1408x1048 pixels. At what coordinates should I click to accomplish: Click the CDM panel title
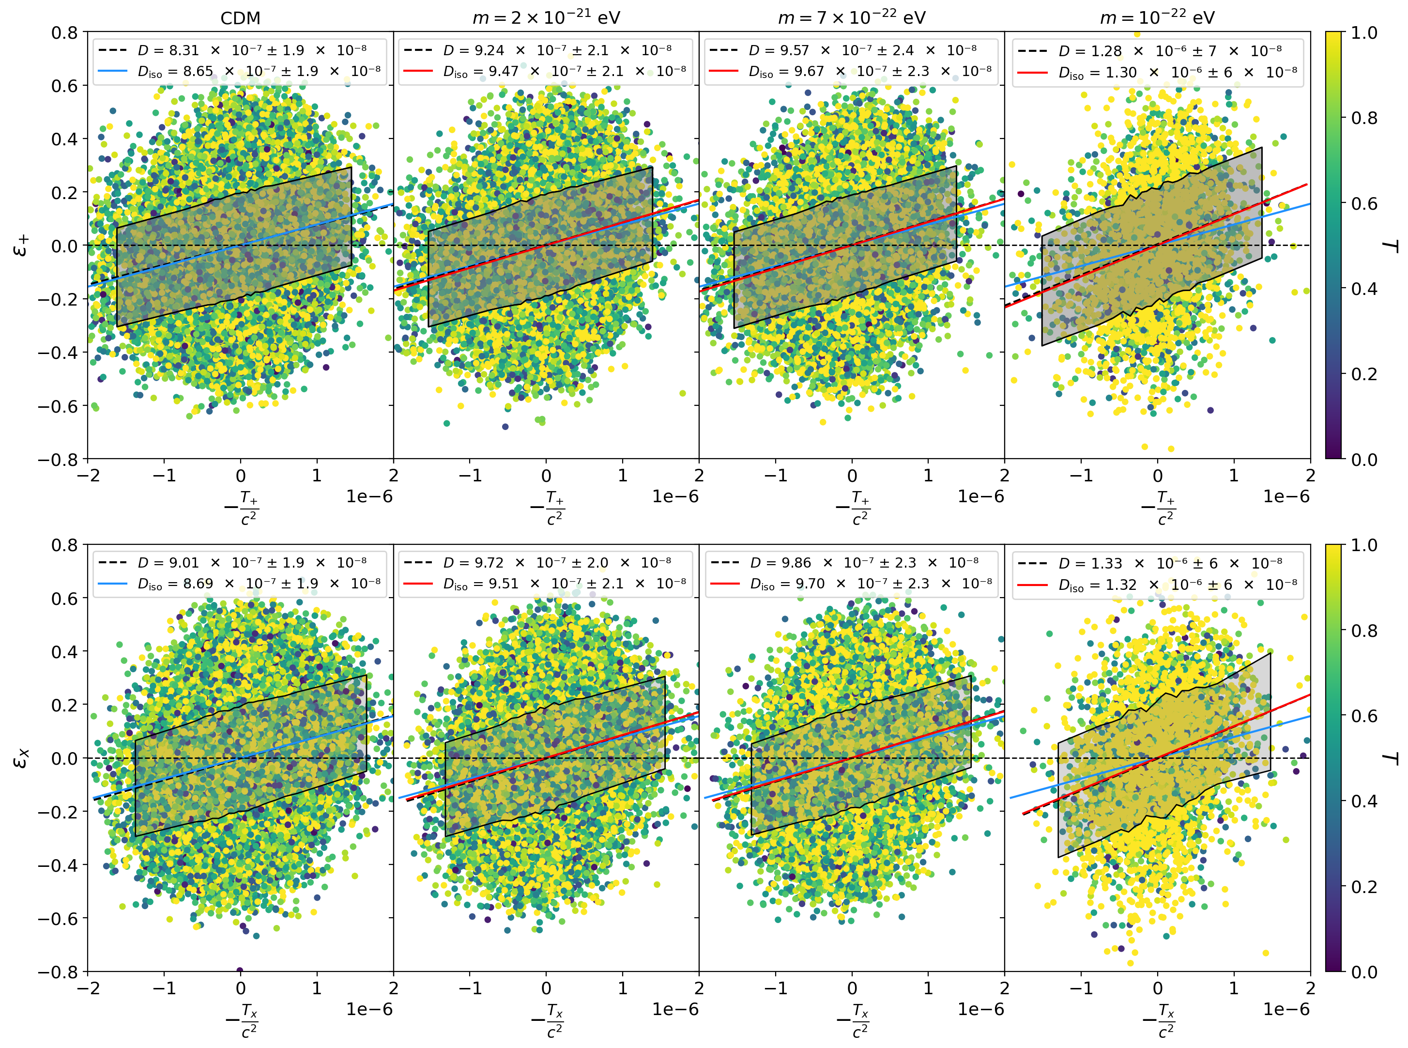[x=240, y=18]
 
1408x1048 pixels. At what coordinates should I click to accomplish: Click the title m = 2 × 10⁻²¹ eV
[x=546, y=18]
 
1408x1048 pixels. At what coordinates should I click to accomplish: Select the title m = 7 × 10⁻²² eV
[x=851, y=18]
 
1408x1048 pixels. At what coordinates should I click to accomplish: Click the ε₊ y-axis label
[x=21, y=245]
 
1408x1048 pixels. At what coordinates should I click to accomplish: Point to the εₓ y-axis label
[x=21, y=757]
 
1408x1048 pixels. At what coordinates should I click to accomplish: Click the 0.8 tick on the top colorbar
[x=1363, y=118]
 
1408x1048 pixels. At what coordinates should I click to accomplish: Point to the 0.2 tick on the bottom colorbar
[x=1363, y=886]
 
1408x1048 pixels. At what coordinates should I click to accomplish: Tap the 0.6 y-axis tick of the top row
[x=64, y=86]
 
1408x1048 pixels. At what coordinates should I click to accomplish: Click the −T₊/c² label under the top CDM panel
[x=242, y=508]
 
